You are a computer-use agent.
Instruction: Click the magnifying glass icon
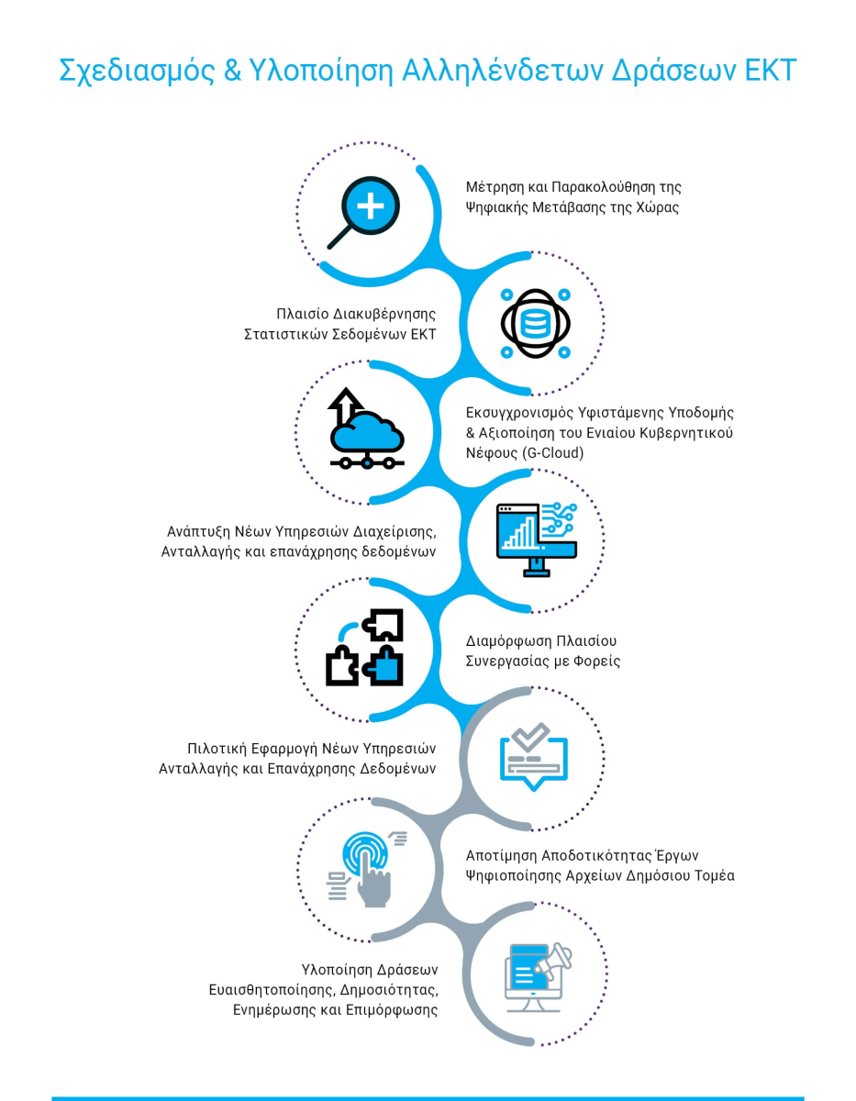click(363, 213)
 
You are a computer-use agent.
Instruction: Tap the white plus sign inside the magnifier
click(371, 206)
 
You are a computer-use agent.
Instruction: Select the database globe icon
click(536, 323)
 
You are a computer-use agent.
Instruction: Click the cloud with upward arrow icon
click(367, 428)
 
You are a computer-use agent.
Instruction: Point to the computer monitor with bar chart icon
click(537, 539)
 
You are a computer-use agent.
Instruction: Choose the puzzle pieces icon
click(364, 648)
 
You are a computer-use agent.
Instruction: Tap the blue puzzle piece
click(384, 666)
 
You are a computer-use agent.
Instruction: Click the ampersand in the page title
click(232, 71)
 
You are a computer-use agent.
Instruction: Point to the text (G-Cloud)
click(552, 453)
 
